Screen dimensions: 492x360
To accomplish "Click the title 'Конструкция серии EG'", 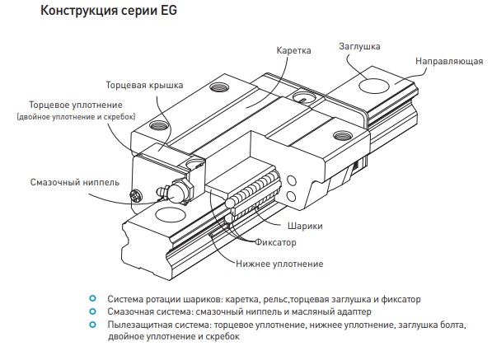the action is coord(109,11).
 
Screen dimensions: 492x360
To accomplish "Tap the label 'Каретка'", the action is coord(293,50).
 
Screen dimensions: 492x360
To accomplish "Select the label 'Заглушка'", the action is coord(359,46).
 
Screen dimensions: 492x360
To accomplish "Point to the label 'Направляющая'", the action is coord(449,61).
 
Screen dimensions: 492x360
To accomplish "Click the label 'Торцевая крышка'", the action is coord(144,86).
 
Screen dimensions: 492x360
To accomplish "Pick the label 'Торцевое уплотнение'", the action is coord(76,105).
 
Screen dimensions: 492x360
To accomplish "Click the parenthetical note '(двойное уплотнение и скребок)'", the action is coord(76,117).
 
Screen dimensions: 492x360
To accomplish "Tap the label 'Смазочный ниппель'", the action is coord(75,182).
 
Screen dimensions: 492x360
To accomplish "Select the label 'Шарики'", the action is coord(305,226).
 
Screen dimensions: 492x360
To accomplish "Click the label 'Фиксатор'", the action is coord(275,242).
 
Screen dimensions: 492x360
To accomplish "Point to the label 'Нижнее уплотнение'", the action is coord(279,264).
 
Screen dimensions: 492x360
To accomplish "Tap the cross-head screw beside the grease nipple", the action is coord(136,196).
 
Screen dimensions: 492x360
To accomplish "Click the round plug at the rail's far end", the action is coord(373,86).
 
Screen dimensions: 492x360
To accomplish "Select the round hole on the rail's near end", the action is coord(171,216).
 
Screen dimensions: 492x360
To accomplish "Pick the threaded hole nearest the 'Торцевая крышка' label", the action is coord(159,125).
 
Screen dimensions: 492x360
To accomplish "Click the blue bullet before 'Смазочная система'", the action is coord(92,311).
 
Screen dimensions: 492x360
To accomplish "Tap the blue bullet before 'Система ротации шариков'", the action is coord(92,298).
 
